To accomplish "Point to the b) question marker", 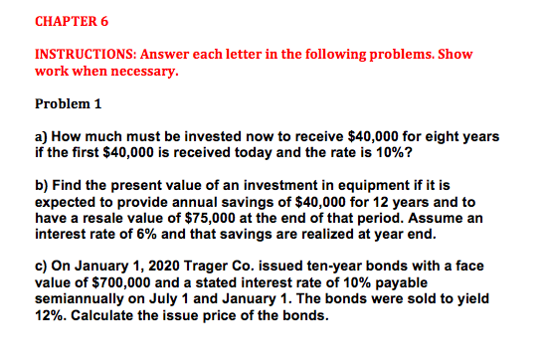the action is [x=41, y=185].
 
